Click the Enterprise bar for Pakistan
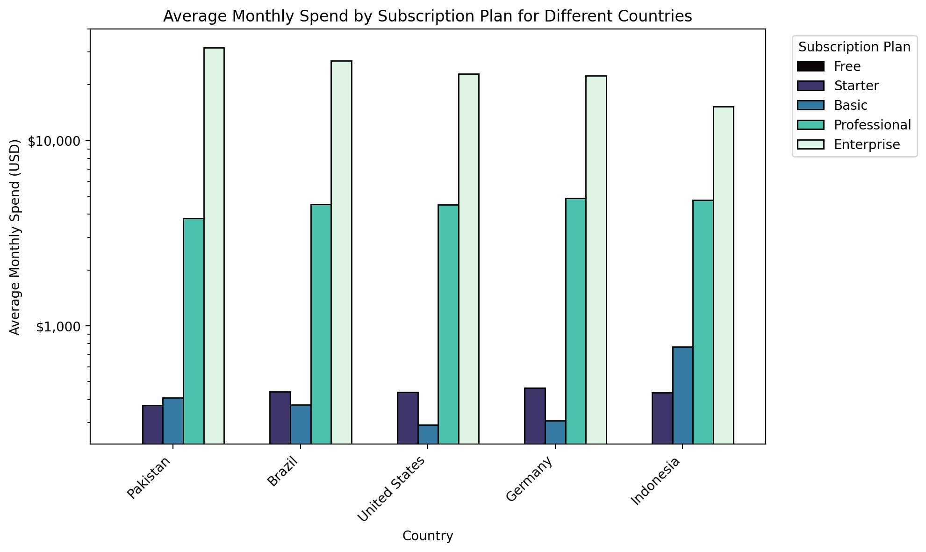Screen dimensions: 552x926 (214, 246)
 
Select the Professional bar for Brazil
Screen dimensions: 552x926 (321, 324)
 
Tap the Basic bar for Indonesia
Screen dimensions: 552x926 (683, 395)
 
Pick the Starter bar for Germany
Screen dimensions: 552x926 (535, 416)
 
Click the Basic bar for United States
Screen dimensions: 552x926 (428, 434)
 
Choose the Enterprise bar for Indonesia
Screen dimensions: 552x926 (724, 275)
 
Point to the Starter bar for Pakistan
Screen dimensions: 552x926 (153, 424)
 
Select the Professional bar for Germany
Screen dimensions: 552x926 (576, 321)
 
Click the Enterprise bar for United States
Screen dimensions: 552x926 (469, 259)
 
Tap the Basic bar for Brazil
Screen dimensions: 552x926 (301, 424)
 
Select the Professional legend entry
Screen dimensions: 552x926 (872, 125)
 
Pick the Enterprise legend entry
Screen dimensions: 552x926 (867, 144)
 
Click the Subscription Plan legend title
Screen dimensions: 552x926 (854, 47)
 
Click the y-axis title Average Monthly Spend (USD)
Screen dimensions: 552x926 (15, 237)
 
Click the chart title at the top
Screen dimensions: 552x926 (427, 16)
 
